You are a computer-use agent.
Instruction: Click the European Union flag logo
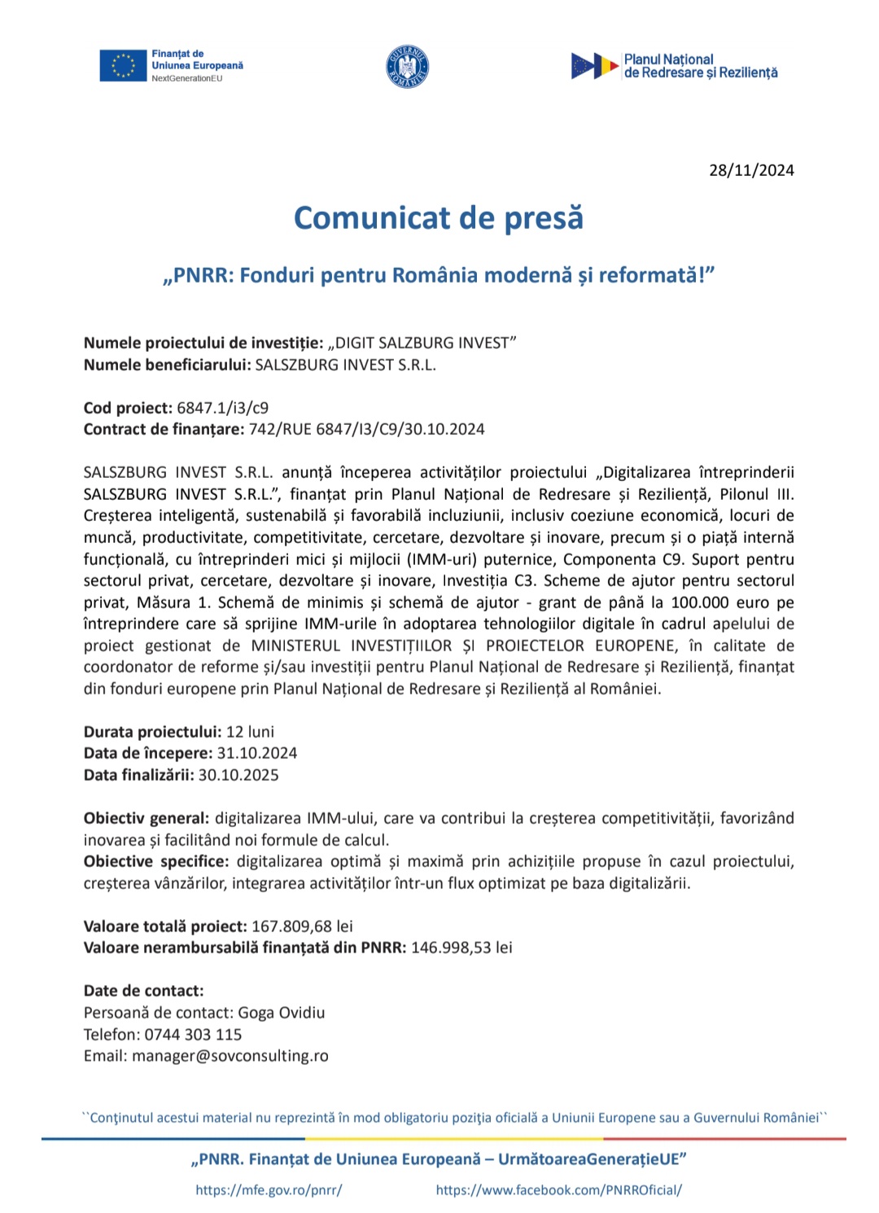pyautogui.click(x=123, y=66)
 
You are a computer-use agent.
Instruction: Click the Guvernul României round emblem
pyautogui.click(x=407, y=67)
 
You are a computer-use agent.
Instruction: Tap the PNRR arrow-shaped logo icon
pyautogui.click(x=595, y=66)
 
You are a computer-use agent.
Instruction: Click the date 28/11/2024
pyautogui.click(x=751, y=170)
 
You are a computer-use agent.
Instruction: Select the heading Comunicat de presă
pyautogui.click(x=439, y=218)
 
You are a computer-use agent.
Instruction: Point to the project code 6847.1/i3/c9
pyautogui.click(x=222, y=408)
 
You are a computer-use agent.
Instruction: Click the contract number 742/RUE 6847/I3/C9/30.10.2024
pyautogui.click(x=366, y=429)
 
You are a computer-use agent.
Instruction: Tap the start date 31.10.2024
pyautogui.click(x=257, y=753)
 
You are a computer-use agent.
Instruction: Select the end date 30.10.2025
pyautogui.click(x=238, y=775)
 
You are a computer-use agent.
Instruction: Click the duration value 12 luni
pyautogui.click(x=250, y=731)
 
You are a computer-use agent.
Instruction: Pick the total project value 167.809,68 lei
pyautogui.click(x=302, y=926)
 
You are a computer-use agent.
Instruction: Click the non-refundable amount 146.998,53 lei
pyautogui.click(x=461, y=948)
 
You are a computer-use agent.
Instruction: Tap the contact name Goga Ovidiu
pyautogui.click(x=282, y=1013)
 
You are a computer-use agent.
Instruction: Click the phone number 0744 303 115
pyautogui.click(x=193, y=1035)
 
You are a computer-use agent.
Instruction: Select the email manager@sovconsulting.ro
pyautogui.click(x=230, y=1056)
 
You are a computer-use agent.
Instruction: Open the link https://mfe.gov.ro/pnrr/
pyautogui.click(x=269, y=1189)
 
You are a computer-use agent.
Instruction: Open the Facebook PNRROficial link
pyautogui.click(x=559, y=1189)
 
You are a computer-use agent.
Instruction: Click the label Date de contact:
pyautogui.click(x=144, y=991)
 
